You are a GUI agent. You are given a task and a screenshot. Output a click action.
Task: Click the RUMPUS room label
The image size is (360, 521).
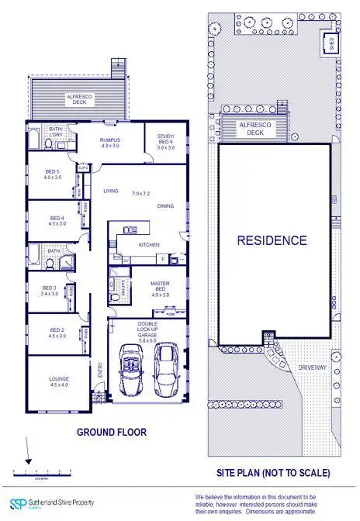click(109, 142)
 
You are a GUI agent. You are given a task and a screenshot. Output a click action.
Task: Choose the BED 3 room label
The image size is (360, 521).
click(49, 291)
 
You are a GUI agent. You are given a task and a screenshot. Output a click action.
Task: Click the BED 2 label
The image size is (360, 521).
click(57, 332)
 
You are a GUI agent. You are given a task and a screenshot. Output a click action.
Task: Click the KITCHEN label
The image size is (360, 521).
click(149, 245)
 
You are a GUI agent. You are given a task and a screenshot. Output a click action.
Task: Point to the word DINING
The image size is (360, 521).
click(165, 206)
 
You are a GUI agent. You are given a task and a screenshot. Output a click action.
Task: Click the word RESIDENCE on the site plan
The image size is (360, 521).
click(272, 240)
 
